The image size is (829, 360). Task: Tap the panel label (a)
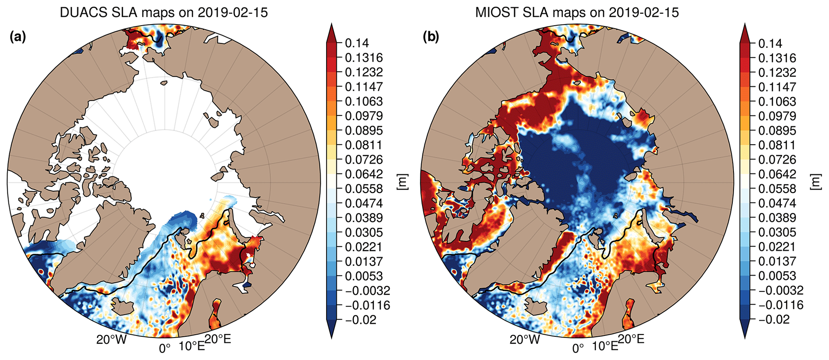pos(18,37)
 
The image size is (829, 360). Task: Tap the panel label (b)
pos(431,37)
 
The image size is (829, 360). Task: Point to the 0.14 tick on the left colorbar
pos(357,43)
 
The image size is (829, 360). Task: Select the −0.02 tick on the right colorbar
pos(770,320)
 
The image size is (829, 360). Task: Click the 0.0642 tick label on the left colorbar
pos(364,174)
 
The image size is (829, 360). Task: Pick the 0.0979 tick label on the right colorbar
pos(777,116)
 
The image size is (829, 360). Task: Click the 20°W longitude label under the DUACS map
pos(111,340)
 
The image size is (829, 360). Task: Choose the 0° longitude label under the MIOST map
pos(578,348)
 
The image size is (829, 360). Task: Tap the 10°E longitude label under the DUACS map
pos(192,346)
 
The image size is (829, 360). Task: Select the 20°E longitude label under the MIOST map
pos(631,339)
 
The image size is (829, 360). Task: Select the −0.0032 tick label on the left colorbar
pos(367,291)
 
